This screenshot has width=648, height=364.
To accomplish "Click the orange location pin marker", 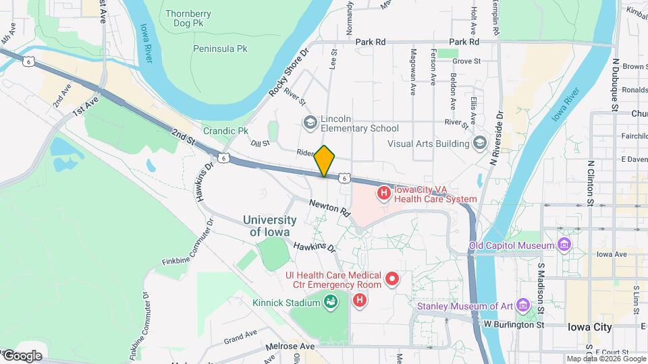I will point(325,161).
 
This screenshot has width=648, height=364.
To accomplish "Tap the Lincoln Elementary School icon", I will point(310,121).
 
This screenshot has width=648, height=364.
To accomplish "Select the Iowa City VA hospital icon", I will point(384,193).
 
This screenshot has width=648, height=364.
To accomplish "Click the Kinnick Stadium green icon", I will point(331,302).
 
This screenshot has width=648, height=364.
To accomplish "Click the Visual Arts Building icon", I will point(479,143).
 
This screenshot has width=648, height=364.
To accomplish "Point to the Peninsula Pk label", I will point(220,49).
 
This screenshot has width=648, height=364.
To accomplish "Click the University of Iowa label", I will point(269,226).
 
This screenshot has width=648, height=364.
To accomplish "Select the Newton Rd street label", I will point(330,207).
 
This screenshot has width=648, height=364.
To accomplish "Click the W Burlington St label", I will point(514,324).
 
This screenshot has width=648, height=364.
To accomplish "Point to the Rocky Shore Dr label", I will point(288,71).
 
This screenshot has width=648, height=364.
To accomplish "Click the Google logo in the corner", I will point(22,355).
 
